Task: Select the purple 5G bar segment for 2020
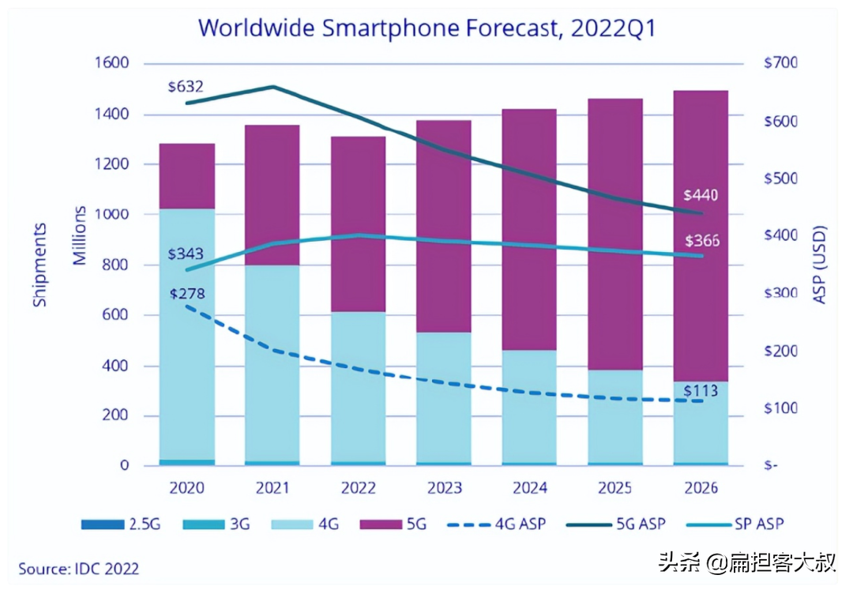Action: point(187,176)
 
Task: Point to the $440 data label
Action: point(701,194)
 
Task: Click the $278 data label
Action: point(187,294)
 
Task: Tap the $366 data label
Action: point(701,240)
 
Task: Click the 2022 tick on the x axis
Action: point(357,488)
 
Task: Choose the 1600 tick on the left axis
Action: point(112,64)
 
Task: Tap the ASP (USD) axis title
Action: point(820,265)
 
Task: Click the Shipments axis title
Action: point(40,265)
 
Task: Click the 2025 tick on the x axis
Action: point(615,488)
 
